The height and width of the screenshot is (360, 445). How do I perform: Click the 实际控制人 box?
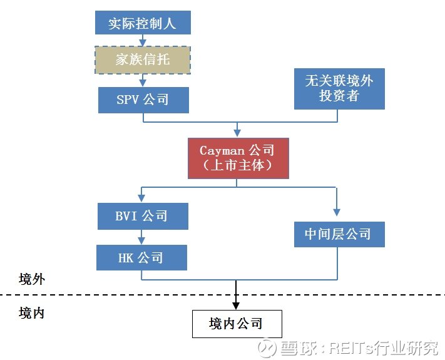click(143, 23)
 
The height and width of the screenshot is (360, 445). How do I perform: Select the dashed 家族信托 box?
click(143, 60)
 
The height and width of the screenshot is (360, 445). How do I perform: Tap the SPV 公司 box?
click(143, 100)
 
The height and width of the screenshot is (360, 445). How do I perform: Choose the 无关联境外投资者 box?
click(339, 88)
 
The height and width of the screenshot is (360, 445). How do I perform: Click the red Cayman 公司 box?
click(237, 158)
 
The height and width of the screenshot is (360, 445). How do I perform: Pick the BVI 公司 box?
click(143, 217)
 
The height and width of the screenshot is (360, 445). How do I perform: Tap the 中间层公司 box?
click(339, 234)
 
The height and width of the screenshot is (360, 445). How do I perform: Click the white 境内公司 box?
click(237, 324)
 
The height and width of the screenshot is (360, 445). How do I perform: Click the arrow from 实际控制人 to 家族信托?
click(143, 40)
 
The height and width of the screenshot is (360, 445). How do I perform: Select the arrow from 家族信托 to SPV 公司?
click(143, 80)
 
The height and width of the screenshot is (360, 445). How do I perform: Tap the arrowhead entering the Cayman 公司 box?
click(237, 133)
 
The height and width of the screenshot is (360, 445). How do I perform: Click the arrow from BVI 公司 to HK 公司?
click(143, 237)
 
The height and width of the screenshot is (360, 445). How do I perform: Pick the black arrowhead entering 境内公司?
click(237, 305)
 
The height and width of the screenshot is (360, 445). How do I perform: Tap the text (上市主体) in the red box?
click(237, 166)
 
